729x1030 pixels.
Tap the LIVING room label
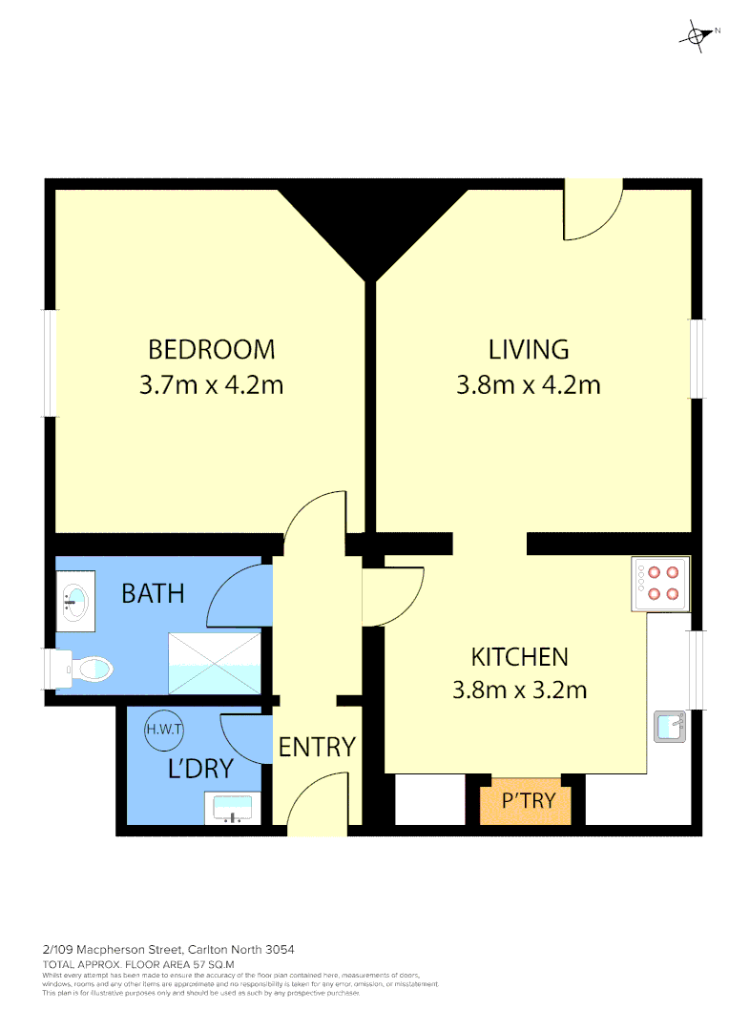[x=529, y=349]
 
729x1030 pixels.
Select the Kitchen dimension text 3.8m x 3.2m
[x=519, y=689]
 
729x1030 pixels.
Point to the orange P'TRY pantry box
[x=528, y=800]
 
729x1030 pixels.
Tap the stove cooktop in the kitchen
[x=660, y=585]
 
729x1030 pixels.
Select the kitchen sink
[x=670, y=726]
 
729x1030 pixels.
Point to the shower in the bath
[x=214, y=663]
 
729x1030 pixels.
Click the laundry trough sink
[x=231, y=809]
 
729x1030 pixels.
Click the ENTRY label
[x=317, y=747]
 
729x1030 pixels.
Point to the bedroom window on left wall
[x=51, y=362]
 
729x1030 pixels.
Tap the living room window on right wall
[x=698, y=358]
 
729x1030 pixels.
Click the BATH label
[x=153, y=593]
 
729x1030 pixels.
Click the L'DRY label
[x=200, y=769]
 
